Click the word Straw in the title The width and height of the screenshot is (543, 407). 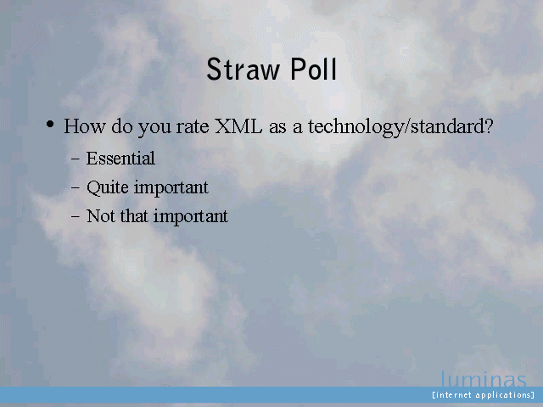(x=244, y=70)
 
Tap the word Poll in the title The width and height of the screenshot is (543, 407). (x=314, y=69)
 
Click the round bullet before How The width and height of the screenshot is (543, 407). (x=50, y=124)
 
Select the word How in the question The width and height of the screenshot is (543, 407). (x=85, y=126)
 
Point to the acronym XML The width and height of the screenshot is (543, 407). (x=238, y=126)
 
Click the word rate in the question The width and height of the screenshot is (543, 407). (x=193, y=126)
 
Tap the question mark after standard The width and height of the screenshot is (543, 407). (x=489, y=126)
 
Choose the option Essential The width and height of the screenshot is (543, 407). (x=120, y=159)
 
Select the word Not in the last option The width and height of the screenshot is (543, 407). (x=101, y=216)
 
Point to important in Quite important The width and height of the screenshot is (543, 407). (x=171, y=188)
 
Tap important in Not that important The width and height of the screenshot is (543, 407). (x=191, y=217)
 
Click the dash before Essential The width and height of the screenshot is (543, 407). (x=76, y=160)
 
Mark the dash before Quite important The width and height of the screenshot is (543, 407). (x=76, y=188)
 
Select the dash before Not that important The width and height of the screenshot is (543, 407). (x=76, y=217)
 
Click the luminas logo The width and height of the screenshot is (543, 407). (x=484, y=379)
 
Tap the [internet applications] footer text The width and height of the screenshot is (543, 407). (x=483, y=395)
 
